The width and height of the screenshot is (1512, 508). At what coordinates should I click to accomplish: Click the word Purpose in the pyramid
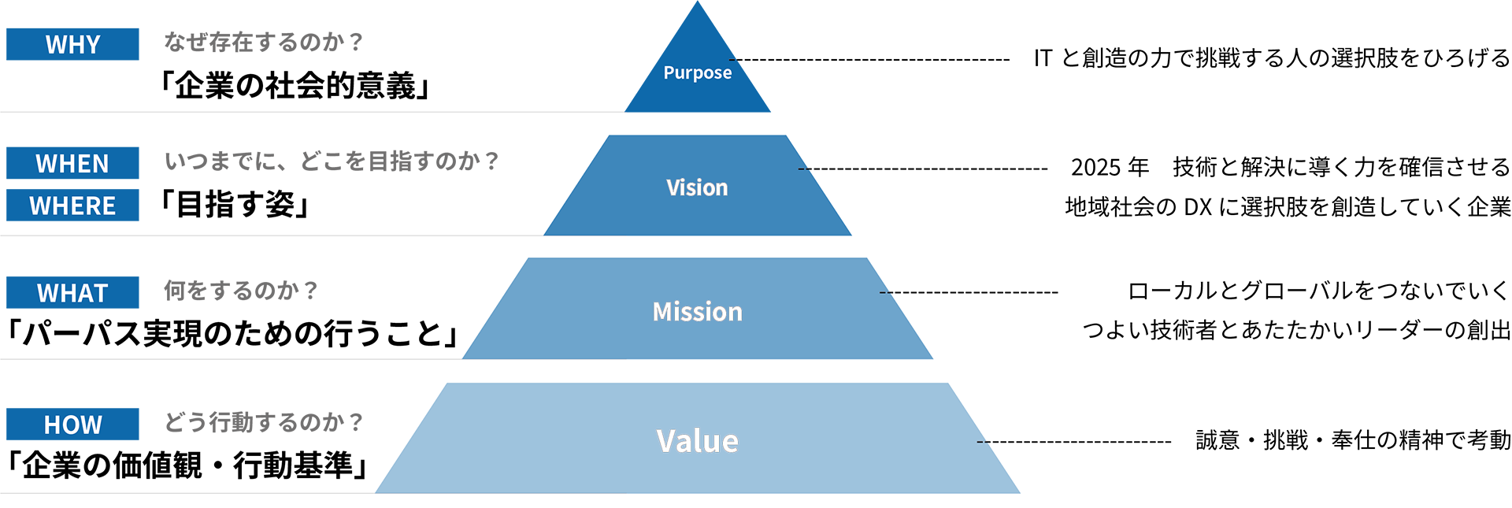coord(697,72)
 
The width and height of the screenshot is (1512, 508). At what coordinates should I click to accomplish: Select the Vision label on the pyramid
coord(697,187)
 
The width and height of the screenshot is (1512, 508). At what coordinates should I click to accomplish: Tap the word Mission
coord(697,312)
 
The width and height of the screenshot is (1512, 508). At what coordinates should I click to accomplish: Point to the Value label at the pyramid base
coord(697,441)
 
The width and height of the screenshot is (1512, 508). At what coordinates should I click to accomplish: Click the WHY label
coord(72,45)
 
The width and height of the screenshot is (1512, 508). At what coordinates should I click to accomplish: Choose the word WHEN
coord(72,164)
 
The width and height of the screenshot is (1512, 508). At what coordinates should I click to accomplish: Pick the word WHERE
coord(72,206)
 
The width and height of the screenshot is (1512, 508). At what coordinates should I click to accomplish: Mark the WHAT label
coord(72,294)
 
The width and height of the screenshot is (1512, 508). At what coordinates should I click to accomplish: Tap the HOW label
coord(72,425)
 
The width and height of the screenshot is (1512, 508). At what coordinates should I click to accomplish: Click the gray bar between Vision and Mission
coord(584,241)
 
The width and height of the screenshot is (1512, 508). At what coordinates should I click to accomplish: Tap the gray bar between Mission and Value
coord(543,365)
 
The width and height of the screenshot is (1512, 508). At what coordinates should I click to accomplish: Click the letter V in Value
coord(666,441)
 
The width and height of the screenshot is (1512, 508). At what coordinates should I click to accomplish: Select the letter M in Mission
coord(663,312)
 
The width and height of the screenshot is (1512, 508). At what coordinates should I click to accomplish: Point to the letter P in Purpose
coord(669,72)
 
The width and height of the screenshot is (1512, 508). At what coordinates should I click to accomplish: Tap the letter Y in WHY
coord(93,45)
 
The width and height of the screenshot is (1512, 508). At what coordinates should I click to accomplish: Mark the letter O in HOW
coord(72,425)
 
